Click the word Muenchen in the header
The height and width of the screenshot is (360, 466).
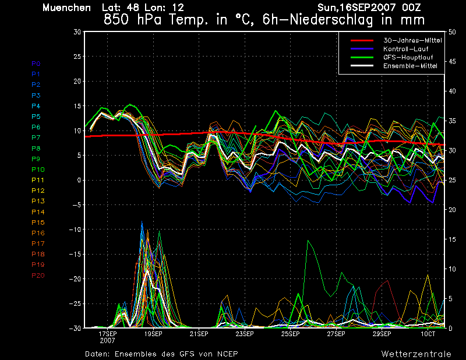tap(66, 8)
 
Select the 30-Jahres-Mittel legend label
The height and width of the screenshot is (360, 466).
tap(412, 40)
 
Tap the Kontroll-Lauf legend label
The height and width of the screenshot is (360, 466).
tap(405, 49)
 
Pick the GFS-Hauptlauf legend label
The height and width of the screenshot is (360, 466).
tap(408, 57)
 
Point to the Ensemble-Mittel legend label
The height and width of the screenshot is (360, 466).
tap(410, 66)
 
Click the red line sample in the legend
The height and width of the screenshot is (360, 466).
tap(362, 40)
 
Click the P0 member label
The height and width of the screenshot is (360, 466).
tap(36, 63)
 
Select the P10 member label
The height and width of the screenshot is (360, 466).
tap(38, 170)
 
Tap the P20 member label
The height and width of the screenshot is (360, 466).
tap(38, 276)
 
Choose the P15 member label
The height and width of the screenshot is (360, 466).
tap(38, 223)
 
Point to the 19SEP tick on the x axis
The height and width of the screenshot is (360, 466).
tap(153, 334)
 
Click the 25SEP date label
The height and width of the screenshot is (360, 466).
tap(290, 334)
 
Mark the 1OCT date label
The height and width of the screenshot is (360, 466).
tap(428, 334)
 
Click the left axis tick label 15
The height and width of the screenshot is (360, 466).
tap(77, 106)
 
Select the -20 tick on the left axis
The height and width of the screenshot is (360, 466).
tap(75, 279)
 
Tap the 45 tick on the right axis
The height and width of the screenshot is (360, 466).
tap(452, 62)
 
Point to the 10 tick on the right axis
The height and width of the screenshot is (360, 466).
tap(452, 269)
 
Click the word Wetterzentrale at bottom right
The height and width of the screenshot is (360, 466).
tap(416, 354)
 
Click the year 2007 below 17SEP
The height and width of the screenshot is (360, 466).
tap(107, 340)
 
